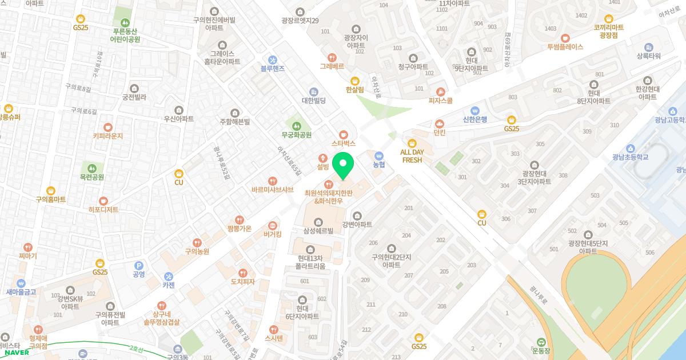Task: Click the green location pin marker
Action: pyautogui.click(x=342, y=165)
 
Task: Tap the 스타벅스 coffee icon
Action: pyautogui.click(x=343, y=134)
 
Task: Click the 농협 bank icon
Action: pyautogui.click(x=378, y=155)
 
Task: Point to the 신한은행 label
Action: pyautogui.click(x=474, y=119)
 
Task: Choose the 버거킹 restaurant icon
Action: pyautogui.click(x=272, y=225)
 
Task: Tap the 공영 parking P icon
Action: pyautogui.click(x=138, y=265)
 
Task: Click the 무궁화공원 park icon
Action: pyautogui.click(x=296, y=126)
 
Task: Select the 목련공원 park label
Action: pyautogui.click(x=92, y=177)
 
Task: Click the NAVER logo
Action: pyautogui.click(x=17, y=352)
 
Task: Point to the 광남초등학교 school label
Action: pyautogui.click(x=630, y=157)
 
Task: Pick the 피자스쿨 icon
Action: pyautogui.click(x=440, y=91)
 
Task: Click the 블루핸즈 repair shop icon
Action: pyautogui.click(x=273, y=59)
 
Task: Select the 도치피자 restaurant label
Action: pyautogui.click(x=242, y=282)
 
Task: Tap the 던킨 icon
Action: pyautogui.click(x=439, y=123)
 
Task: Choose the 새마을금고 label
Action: pyautogui.click(x=21, y=292)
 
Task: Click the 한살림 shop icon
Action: pyautogui.click(x=354, y=81)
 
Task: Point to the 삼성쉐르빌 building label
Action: pyautogui.click(x=318, y=231)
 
